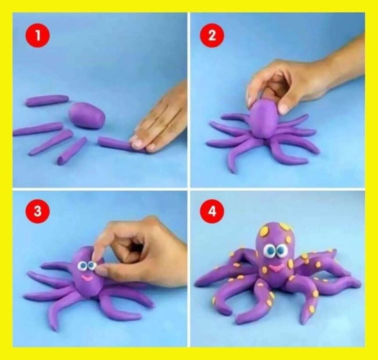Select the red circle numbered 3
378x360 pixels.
pyautogui.click(x=37, y=211)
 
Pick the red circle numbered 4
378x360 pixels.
pyautogui.click(x=212, y=211)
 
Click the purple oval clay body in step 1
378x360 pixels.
pyautogui.click(x=87, y=115)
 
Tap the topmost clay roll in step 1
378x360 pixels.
pyautogui.click(x=47, y=100)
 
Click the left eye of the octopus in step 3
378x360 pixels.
pyautogui.click(x=82, y=266)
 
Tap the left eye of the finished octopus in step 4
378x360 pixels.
pyautogui.click(x=269, y=251)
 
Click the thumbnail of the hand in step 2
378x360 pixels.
pyautogui.click(x=284, y=109)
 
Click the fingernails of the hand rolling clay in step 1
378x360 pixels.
pyautogui.click(x=143, y=143)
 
